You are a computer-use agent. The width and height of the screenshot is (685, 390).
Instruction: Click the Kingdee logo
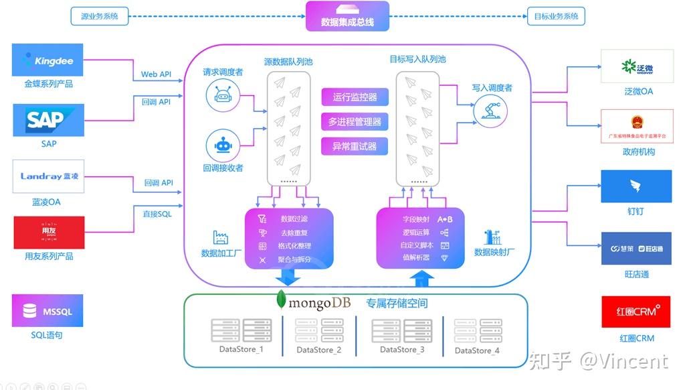48,61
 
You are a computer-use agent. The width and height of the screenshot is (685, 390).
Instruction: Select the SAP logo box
48,121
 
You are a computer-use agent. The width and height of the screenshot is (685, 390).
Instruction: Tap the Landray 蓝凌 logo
48,177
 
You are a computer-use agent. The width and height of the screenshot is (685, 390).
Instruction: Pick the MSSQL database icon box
48,311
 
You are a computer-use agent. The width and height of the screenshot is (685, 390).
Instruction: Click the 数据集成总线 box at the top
347,16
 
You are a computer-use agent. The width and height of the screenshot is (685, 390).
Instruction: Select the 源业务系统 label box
99,16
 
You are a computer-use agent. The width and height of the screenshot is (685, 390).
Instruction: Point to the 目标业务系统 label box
556,16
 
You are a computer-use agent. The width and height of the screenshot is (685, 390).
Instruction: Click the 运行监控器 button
354,97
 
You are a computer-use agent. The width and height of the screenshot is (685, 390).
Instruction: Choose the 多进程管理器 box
354,121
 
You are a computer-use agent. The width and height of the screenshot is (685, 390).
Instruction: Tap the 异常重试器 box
354,146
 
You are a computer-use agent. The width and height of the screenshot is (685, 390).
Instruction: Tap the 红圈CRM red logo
635,312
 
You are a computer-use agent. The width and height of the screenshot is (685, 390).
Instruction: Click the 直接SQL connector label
157,214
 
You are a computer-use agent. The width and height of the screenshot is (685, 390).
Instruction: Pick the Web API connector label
156,74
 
